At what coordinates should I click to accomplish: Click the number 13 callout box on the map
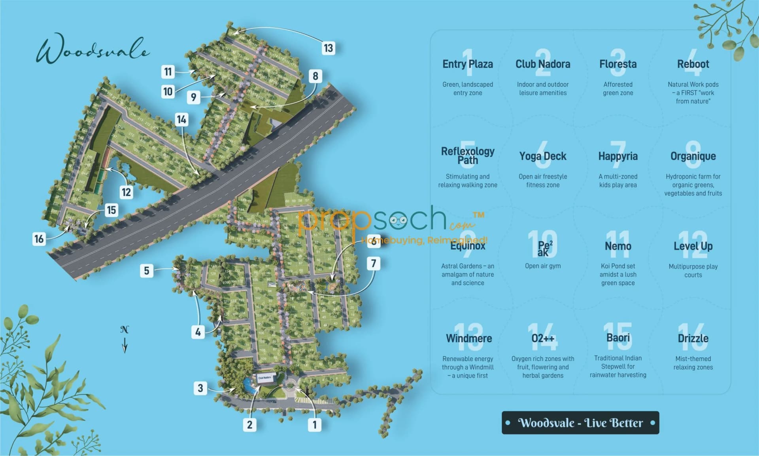(328, 48)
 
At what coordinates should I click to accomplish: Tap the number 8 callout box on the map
(315, 76)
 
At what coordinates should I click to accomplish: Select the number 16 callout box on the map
(39, 239)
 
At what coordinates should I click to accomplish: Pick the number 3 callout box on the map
(200, 388)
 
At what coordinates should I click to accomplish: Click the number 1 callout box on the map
(315, 425)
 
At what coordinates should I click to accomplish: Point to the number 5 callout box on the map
(147, 271)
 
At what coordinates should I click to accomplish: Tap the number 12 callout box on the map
(126, 192)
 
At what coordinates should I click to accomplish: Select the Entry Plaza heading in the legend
(468, 64)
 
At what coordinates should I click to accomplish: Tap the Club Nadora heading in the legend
(543, 64)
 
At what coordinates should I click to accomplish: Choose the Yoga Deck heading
(543, 156)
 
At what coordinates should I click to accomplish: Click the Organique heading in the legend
(693, 156)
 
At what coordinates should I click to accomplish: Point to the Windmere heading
(469, 338)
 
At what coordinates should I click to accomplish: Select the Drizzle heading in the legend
(693, 338)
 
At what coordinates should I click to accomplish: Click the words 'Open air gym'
(543, 266)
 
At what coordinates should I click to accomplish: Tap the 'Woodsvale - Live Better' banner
(580, 423)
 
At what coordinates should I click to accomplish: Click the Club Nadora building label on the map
(265, 378)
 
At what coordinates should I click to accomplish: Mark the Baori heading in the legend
(618, 338)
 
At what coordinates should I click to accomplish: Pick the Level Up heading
(693, 246)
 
